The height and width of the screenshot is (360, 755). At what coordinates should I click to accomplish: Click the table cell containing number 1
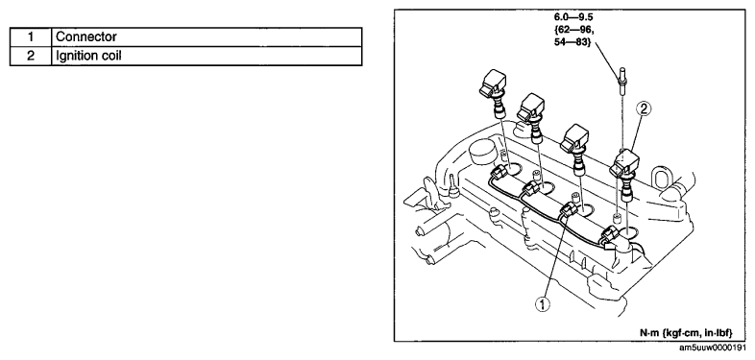click(31, 37)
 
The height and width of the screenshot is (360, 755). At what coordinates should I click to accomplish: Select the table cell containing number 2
click(31, 56)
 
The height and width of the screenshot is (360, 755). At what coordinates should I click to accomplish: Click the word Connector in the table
click(86, 37)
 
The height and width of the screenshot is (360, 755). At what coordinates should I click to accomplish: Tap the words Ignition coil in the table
click(88, 56)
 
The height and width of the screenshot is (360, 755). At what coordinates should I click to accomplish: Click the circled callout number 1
click(543, 304)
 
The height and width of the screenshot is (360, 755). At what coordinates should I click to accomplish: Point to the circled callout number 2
click(644, 109)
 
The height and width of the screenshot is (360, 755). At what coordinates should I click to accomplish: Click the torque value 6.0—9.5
click(573, 18)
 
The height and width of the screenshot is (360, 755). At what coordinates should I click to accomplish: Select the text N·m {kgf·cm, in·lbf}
click(686, 332)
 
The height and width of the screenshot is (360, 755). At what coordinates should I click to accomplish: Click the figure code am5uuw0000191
click(716, 348)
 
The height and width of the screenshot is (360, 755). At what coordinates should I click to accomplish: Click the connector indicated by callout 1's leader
click(569, 211)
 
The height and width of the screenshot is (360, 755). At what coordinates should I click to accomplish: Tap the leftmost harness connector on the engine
click(643, 171)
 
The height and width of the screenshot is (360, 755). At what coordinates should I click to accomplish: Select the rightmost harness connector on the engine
click(609, 237)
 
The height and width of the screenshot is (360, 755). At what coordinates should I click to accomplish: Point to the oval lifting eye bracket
click(659, 180)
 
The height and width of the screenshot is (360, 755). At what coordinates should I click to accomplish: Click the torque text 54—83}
click(572, 41)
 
